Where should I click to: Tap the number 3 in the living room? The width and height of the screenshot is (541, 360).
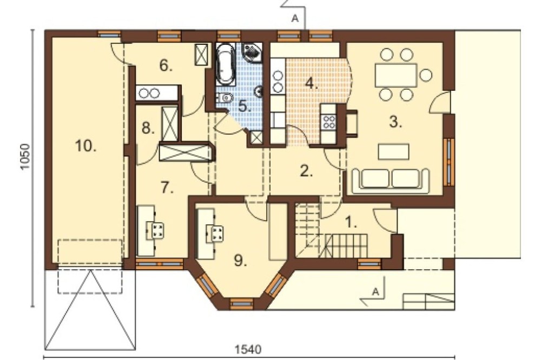[395, 122]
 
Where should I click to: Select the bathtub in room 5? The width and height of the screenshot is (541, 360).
[225, 64]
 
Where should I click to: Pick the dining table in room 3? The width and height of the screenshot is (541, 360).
[396, 75]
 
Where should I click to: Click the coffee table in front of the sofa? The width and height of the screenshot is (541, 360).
[394, 152]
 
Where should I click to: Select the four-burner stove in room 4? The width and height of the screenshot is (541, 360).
[329, 122]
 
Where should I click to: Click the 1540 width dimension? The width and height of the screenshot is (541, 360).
[248, 349]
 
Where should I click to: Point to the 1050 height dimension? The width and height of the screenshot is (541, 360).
[25, 157]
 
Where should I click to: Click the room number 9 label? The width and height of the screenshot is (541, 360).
[241, 261]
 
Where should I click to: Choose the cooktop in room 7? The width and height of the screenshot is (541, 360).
[155, 230]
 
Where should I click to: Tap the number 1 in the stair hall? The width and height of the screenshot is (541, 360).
[351, 222]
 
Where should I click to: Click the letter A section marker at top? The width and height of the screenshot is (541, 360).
[295, 18]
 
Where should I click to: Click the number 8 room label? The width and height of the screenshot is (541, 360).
[148, 129]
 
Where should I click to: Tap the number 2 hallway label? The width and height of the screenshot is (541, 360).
[306, 171]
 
